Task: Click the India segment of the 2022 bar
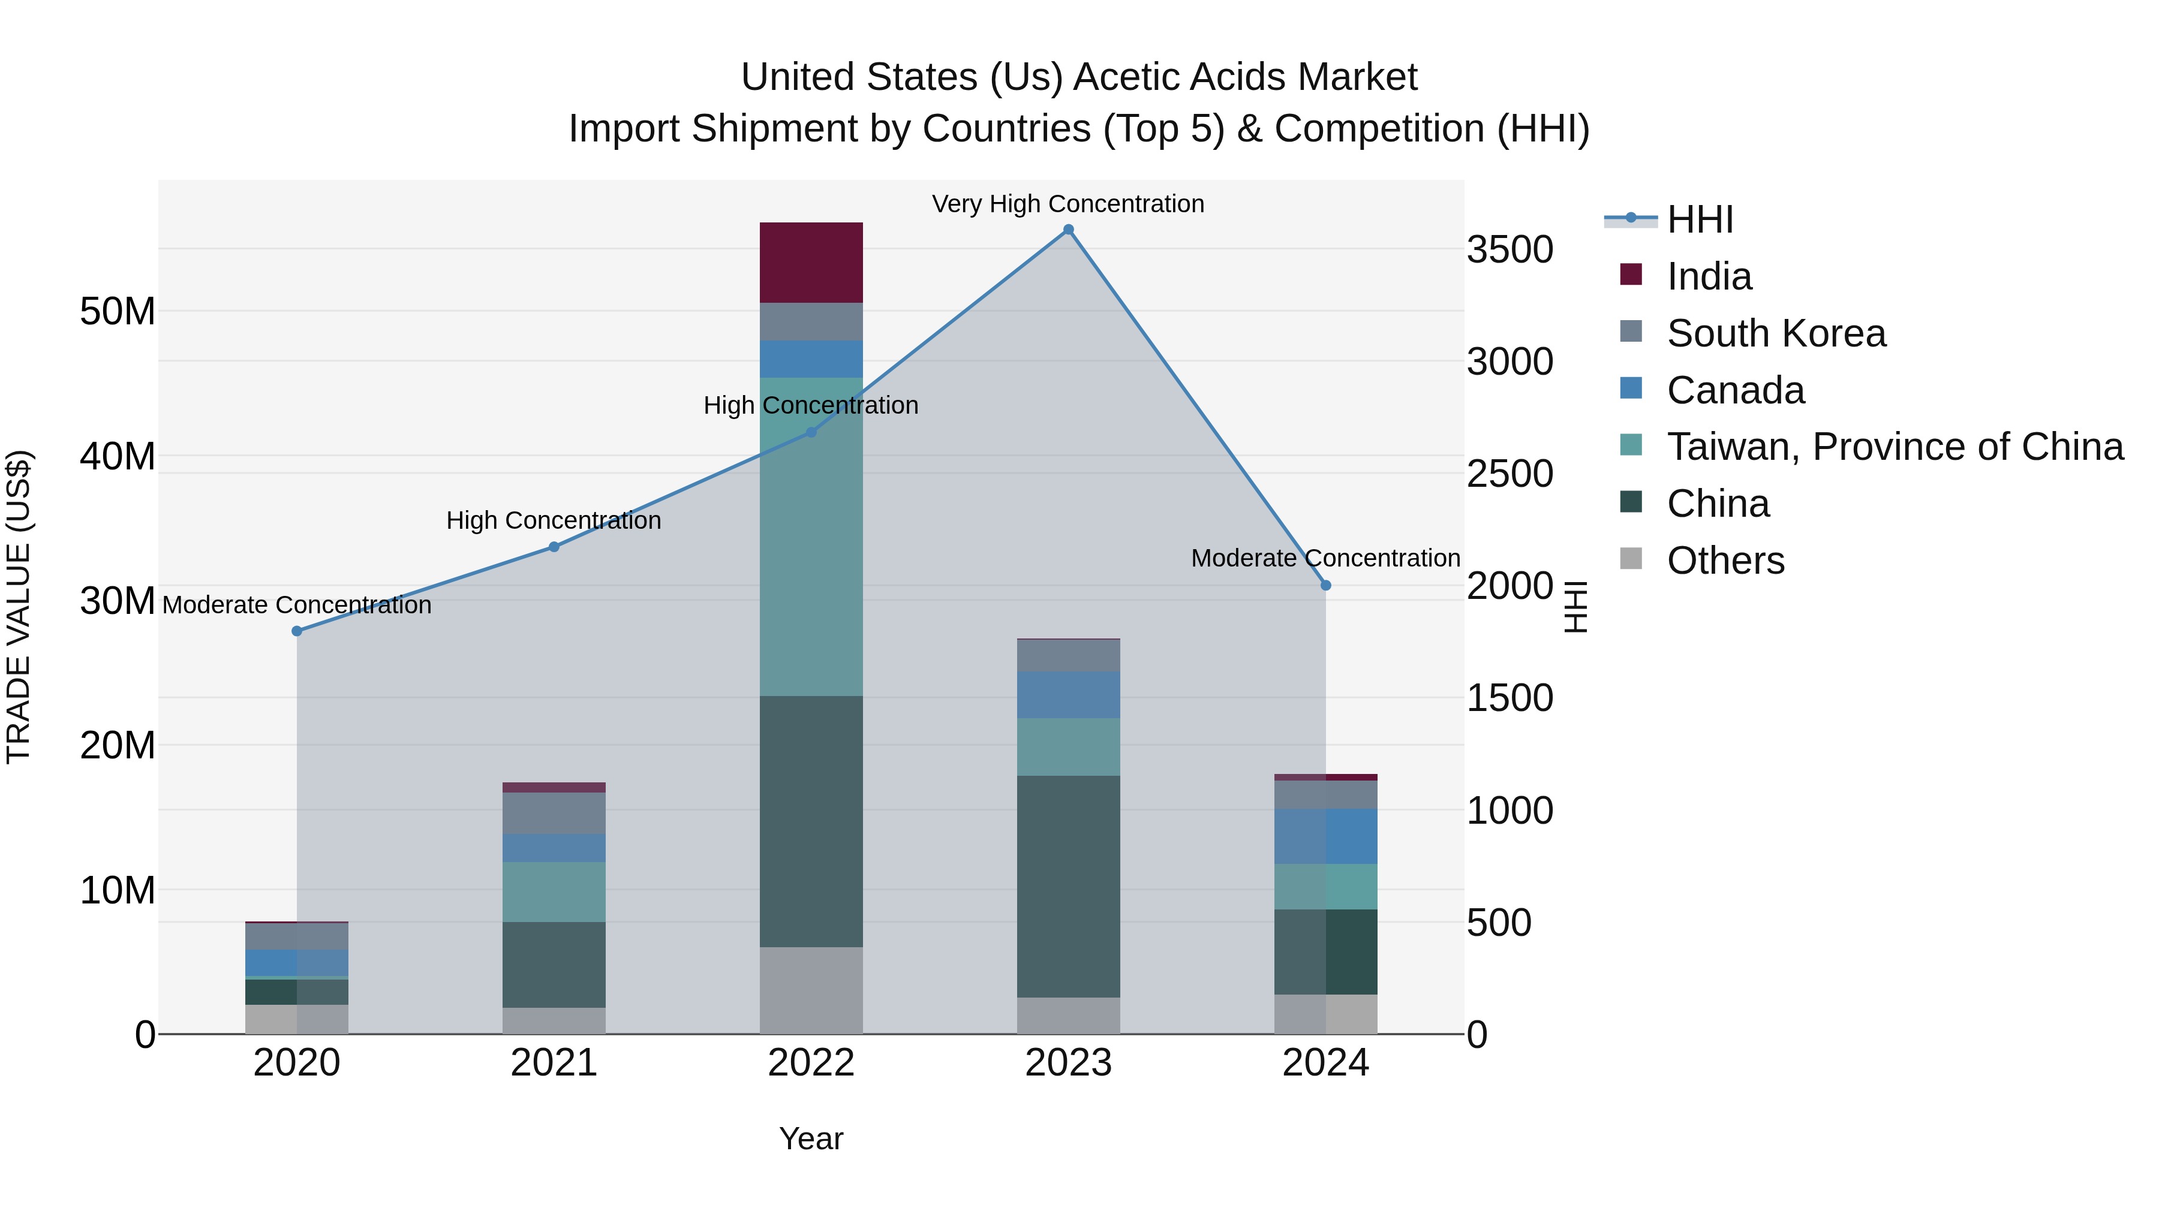810,262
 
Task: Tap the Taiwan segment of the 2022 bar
810,536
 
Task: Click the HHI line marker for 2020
297,631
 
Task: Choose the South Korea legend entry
1776,333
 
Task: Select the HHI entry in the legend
1700,219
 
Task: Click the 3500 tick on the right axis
1510,249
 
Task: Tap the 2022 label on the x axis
810,1063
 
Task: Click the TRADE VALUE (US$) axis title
19,607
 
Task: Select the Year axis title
810,1138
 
